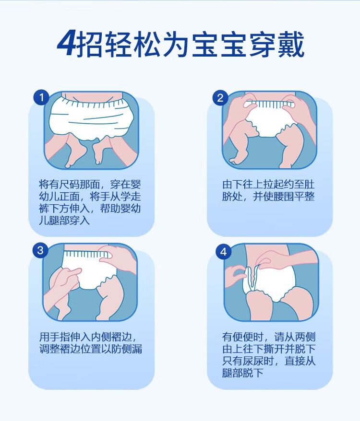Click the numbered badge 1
click(41, 97)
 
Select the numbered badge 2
click(220, 98)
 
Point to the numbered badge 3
click(40, 250)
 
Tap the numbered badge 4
click(224, 252)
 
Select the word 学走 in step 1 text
click(131, 197)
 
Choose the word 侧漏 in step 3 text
click(132, 349)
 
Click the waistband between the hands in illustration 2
click(269, 104)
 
